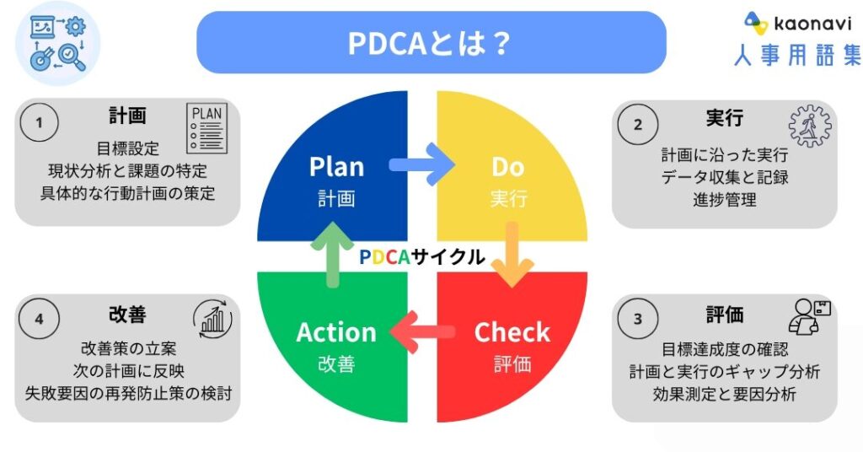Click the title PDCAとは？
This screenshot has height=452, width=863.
(x=431, y=43)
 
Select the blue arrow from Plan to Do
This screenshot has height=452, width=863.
(x=421, y=165)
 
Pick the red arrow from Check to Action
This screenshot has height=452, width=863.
(x=426, y=331)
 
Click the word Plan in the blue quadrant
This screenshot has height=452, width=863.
(x=336, y=166)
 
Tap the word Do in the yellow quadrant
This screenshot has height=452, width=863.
(x=508, y=167)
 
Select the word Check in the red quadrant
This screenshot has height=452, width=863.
(x=512, y=332)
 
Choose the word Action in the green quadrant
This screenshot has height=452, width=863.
(x=335, y=332)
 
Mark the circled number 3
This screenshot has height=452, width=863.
(x=638, y=319)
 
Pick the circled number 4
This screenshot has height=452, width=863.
(x=39, y=319)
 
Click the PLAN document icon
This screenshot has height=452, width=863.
(x=207, y=127)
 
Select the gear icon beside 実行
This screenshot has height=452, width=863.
(x=809, y=126)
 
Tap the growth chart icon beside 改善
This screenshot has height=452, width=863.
(x=212, y=317)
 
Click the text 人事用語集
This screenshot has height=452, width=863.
(x=796, y=56)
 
